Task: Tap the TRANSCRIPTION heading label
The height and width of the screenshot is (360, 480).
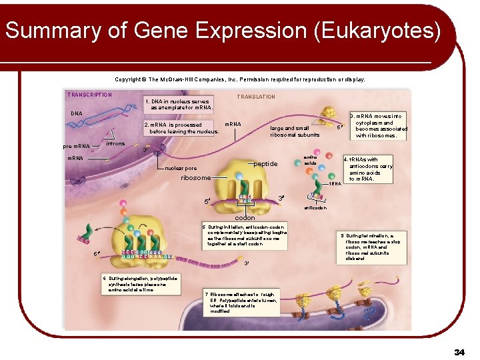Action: pyautogui.click(x=89, y=95)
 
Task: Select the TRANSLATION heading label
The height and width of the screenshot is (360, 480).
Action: pyautogui.click(x=256, y=97)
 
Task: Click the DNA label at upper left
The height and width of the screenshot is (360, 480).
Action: pyautogui.click(x=77, y=113)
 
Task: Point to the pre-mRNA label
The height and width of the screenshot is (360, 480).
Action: pyautogui.click(x=76, y=145)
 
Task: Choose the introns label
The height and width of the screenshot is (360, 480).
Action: pyautogui.click(x=115, y=143)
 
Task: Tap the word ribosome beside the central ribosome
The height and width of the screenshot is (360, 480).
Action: pyautogui.click(x=196, y=178)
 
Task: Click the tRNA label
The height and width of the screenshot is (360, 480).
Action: pyautogui.click(x=335, y=183)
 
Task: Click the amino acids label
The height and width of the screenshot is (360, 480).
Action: pyautogui.click(x=311, y=160)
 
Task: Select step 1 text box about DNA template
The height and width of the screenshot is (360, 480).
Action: pyautogui.click(x=181, y=105)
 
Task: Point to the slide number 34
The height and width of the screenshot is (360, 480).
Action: pyautogui.click(x=459, y=351)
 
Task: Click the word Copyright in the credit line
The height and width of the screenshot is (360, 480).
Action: pyautogui.click(x=129, y=79)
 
